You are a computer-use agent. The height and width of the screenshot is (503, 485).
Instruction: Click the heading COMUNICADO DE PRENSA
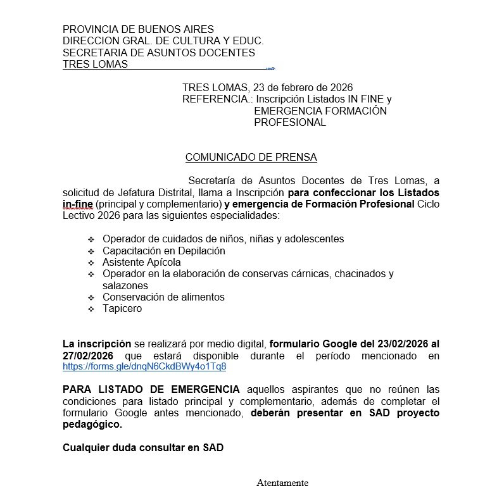point(251,157)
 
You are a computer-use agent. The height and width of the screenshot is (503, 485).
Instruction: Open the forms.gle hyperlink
point(144,366)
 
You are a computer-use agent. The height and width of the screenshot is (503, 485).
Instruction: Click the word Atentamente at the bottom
point(282,483)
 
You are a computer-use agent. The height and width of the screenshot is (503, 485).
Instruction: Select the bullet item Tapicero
point(122,309)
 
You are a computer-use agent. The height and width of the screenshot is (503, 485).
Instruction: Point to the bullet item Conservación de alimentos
point(163,297)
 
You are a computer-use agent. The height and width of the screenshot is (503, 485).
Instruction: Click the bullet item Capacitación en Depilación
point(163,251)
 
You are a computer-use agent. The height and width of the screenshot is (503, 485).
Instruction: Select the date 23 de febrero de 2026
point(303,87)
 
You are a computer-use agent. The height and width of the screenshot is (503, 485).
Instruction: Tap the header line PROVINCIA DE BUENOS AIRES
point(138,29)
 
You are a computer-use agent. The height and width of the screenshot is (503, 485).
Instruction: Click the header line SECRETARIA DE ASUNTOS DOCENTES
point(158,53)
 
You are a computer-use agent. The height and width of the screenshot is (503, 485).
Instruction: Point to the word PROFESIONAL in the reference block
point(289,123)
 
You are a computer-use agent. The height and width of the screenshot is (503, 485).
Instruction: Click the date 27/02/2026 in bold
point(88,356)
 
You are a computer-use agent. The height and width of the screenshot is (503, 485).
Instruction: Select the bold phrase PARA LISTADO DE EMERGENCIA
point(151,389)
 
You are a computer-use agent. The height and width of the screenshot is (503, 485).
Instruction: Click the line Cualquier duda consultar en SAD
point(142,448)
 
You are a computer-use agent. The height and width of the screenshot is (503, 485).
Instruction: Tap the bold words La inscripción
point(97,344)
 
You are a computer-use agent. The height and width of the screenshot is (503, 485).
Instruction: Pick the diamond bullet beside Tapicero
point(91,309)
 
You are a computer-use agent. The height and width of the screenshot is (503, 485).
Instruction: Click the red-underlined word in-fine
point(77,204)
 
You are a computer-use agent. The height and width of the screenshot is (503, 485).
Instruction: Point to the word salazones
point(125,285)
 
